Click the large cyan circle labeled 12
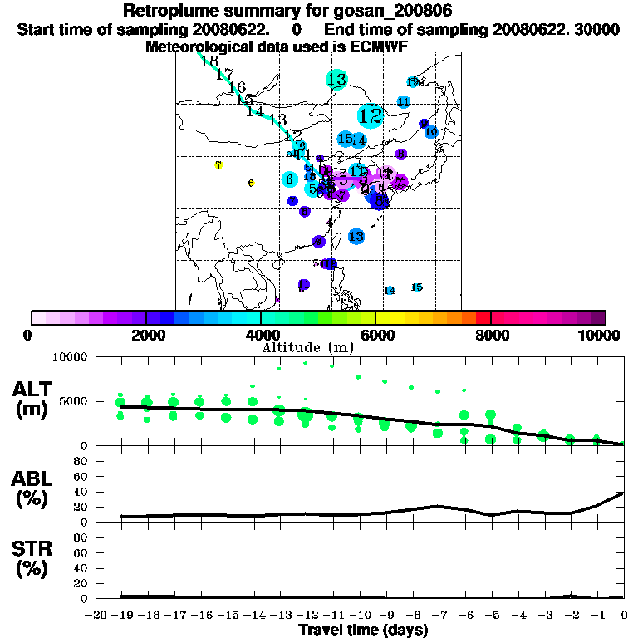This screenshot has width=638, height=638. [371, 115]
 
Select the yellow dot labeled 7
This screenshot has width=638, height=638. [218, 165]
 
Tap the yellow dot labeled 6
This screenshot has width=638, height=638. [251, 183]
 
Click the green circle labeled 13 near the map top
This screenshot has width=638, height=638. [336, 81]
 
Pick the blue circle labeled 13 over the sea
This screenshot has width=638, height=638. [356, 237]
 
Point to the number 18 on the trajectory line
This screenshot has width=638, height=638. [209, 61]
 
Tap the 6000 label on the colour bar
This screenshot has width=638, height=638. [375, 335]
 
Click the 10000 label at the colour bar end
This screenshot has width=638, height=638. [601, 335]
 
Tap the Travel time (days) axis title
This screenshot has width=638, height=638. [363, 630]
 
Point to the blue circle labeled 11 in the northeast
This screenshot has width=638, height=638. [404, 101]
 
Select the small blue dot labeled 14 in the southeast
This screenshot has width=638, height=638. [390, 290]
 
